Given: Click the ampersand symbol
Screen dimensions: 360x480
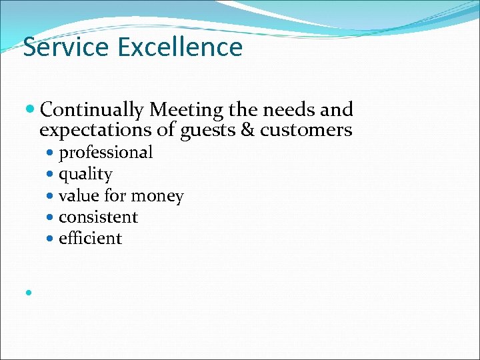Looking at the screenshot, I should click(x=247, y=129).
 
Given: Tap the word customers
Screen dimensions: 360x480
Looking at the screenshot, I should click(x=306, y=129).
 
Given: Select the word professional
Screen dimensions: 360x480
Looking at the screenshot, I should click(x=105, y=153).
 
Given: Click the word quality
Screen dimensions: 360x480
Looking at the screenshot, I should click(x=85, y=175).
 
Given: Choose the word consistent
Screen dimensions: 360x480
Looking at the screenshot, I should click(x=98, y=217).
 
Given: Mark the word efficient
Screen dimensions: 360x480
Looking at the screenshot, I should click(x=90, y=239).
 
